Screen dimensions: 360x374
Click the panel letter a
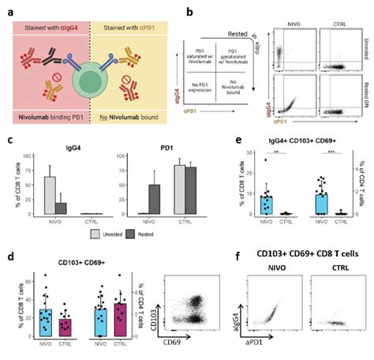[9, 9]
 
